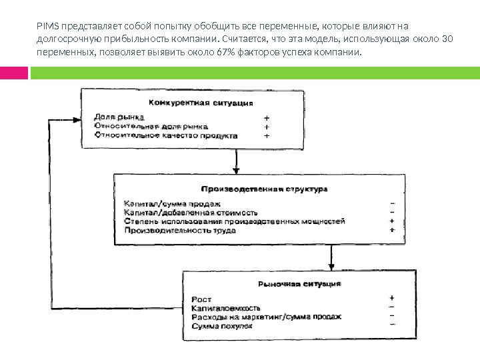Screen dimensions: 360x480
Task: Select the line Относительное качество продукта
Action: [x=165, y=135]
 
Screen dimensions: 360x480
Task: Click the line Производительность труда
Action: [x=179, y=231]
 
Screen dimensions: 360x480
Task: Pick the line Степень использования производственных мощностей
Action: [x=234, y=221]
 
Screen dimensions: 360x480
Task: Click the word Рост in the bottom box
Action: [x=201, y=299]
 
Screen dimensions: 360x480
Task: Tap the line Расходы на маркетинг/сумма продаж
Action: [x=266, y=317]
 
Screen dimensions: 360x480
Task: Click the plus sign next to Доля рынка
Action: [x=267, y=116]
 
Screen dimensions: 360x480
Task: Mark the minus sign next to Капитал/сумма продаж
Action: [x=392, y=203]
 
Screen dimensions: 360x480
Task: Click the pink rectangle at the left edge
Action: [x=9, y=71]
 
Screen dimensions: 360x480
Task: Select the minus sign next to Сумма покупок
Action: [x=391, y=326]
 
